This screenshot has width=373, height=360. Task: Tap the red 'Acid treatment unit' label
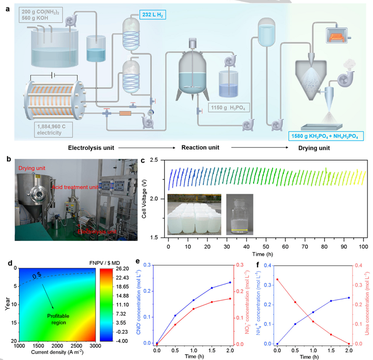(74, 187)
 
